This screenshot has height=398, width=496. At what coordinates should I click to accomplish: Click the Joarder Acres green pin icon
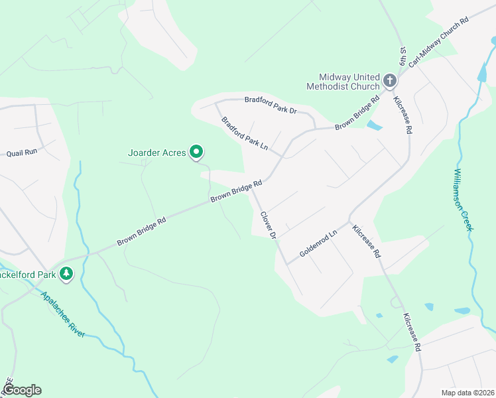coord(196,153)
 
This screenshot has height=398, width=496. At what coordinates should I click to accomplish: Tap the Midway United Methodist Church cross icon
coord(389,82)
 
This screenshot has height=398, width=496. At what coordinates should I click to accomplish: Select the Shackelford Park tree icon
coord(66,273)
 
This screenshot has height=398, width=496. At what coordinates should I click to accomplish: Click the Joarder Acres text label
coord(156,153)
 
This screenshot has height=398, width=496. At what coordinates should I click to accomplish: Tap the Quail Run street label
coord(22,153)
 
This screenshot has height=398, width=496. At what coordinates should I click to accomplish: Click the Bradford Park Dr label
coord(270,104)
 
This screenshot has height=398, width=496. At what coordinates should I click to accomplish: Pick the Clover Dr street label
coord(268,225)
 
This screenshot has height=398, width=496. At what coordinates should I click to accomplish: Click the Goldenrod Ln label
coord(318,243)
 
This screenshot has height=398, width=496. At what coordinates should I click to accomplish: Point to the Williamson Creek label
coord(463,199)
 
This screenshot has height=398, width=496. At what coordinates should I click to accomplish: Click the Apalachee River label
coord(62,314)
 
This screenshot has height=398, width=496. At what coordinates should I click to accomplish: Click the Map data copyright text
coord(467,393)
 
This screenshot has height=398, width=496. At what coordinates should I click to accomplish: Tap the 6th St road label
coord(403,56)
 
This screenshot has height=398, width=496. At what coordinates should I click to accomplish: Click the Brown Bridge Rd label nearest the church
coord(357,112)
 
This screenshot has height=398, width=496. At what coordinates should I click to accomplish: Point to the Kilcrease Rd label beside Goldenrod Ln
coord(367,241)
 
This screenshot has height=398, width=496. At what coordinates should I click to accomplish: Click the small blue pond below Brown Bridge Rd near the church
coord(375,125)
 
